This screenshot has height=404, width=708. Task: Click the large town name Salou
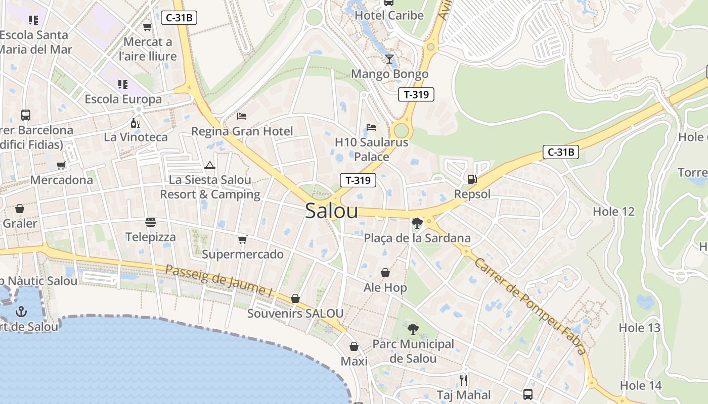[x=331, y=211]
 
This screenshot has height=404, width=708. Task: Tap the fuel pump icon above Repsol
[x=472, y=179]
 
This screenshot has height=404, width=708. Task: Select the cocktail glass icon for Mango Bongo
[x=389, y=59]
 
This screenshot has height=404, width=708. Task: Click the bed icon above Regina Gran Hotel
[x=242, y=116]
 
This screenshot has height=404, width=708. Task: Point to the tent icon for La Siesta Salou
[x=210, y=165]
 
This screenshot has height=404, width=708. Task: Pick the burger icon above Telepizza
[x=150, y=222]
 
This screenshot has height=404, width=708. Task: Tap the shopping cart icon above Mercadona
[x=61, y=165]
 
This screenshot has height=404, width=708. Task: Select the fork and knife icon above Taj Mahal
[x=463, y=380]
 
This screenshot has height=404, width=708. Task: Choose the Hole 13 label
[x=640, y=328]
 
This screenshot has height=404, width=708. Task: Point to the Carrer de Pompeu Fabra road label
[x=530, y=306]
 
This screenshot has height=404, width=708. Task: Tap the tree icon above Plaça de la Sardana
[x=417, y=223]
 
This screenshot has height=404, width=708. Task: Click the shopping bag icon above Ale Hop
[x=385, y=273]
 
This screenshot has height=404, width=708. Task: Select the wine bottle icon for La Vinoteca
[x=135, y=123]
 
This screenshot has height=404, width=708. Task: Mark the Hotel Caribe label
[x=389, y=15]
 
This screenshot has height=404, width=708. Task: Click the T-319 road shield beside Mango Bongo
[x=416, y=94]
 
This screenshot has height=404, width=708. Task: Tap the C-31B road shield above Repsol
[x=560, y=152]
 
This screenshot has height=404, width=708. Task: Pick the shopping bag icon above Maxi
[x=354, y=346]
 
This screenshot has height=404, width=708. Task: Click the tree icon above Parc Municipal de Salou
[x=413, y=329]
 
